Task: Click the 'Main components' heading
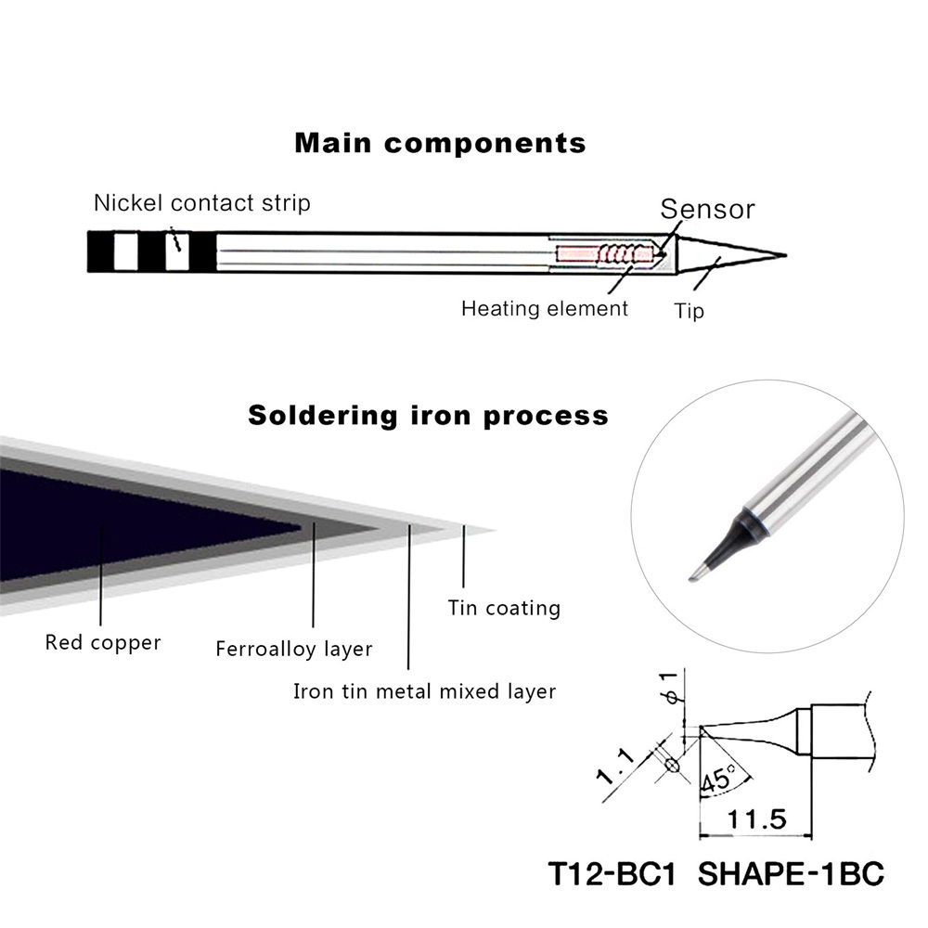point(440,144)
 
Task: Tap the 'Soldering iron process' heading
point(428,414)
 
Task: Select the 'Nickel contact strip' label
point(202,202)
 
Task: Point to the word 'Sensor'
point(707,209)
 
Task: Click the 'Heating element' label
point(545,308)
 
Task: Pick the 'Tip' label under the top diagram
point(689,311)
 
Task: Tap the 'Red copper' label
point(103,642)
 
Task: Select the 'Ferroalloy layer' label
point(293,649)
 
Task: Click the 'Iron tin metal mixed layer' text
point(424,691)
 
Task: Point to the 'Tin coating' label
point(504,609)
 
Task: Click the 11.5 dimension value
point(755,819)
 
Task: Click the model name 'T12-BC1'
point(612,874)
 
